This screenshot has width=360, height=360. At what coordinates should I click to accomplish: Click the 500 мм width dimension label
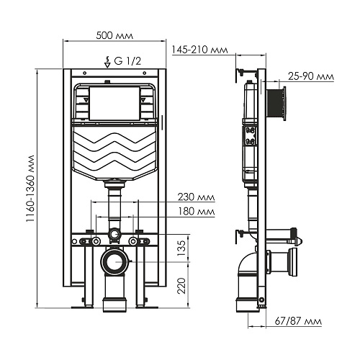[114, 35]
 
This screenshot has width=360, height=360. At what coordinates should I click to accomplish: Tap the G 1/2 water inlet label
[127, 61]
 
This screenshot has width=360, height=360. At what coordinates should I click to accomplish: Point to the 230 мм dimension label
[196, 197]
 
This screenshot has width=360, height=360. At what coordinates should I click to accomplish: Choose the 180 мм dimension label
[196, 212]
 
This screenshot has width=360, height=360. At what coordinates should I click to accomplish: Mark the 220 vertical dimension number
[181, 286]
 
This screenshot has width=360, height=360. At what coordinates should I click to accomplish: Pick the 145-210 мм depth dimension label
[199, 50]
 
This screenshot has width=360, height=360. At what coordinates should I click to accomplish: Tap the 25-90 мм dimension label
[311, 76]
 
